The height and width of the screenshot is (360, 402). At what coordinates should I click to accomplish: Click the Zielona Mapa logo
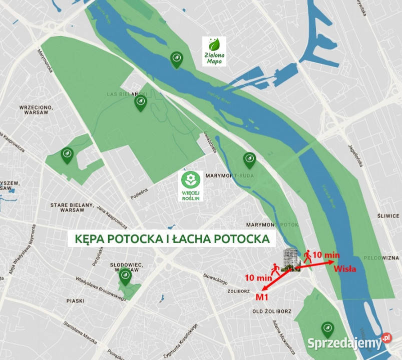(x=214, y=51)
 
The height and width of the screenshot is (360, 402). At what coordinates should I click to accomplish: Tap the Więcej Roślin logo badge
(x=191, y=186)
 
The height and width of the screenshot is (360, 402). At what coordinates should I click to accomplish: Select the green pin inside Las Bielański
(x=141, y=103)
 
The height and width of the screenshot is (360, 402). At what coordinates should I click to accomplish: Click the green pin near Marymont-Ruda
(x=249, y=160)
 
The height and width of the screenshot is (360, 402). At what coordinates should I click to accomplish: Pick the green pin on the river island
(x=176, y=59)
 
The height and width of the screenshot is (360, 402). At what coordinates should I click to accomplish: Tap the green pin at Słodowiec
(x=125, y=275)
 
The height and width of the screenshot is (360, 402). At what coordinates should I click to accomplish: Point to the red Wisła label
(x=344, y=268)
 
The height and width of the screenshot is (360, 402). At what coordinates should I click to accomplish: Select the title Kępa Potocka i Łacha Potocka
(x=171, y=238)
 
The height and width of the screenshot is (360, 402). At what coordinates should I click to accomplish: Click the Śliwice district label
(x=388, y=216)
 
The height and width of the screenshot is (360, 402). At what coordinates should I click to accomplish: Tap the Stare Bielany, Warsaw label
(x=72, y=207)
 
